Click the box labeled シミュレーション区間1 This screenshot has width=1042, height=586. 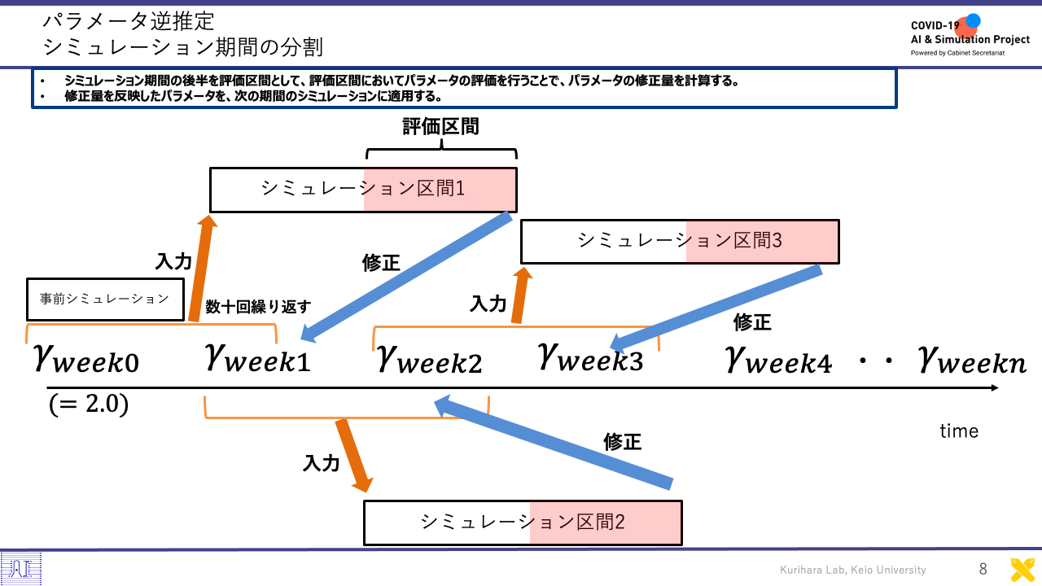pos(363,190)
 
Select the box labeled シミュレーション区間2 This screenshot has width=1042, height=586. pos(523,523)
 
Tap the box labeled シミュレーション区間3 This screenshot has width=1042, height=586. pos(680,242)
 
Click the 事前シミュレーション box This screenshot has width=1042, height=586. pos(105,300)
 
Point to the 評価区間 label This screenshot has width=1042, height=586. pos(440,126)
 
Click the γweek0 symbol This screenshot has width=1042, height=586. pos(86,359)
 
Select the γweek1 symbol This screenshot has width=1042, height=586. pos(258,358)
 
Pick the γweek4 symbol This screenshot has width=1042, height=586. pos(778,360)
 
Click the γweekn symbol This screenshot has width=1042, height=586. pos(972,360)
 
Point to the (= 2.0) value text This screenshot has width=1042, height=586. pos(89,405)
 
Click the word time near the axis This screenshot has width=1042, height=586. pos(959,431)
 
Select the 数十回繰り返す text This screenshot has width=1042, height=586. pos(258,307)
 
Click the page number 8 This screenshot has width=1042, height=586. pos(983,569)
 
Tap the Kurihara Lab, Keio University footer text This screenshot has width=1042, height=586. pos(852,570)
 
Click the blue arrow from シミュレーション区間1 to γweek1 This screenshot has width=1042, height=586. pos(406,278)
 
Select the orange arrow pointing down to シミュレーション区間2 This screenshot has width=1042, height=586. pos(354,455)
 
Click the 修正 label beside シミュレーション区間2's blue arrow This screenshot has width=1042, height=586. pos(623,441)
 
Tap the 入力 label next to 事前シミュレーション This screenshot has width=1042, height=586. pos(173,261)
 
